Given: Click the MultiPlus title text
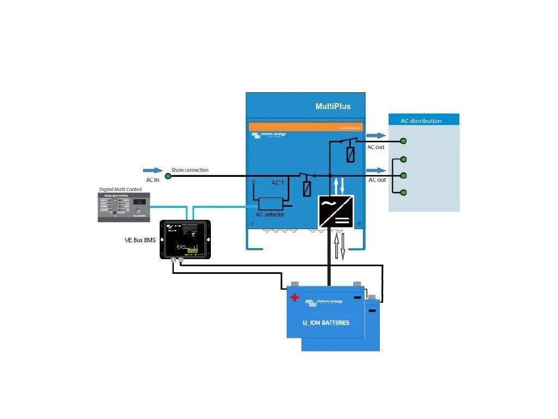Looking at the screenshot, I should [x=333, y=106].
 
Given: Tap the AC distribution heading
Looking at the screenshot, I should [x=421, y=121].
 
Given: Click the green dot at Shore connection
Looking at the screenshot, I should [x=168, y=176].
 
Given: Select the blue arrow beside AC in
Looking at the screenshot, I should [x=153, y=171].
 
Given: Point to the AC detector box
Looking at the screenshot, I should [x=270, y=203].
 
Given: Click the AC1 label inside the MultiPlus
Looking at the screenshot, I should [x=278, y=183].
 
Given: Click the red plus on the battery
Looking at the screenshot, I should [x=295, y=298].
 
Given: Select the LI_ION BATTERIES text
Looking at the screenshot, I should [x=326, y=322].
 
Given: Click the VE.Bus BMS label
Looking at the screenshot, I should [x=140, y=240].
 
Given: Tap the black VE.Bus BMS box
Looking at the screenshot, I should [x=185, y=239].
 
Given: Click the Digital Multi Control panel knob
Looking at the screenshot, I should [x=138, y=211].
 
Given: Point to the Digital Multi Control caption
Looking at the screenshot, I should [x=120, y=189].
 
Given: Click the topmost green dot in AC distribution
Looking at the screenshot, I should [x=403, y=141].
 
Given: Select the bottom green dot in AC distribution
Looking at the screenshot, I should [x=403, y=193].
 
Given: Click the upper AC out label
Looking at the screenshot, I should [x=376, y=147].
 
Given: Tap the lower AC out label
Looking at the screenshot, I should [x=377, y=180].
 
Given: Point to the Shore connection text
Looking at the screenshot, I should [x=190, y=170].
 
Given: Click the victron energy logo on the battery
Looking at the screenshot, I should [x=324, y=302].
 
